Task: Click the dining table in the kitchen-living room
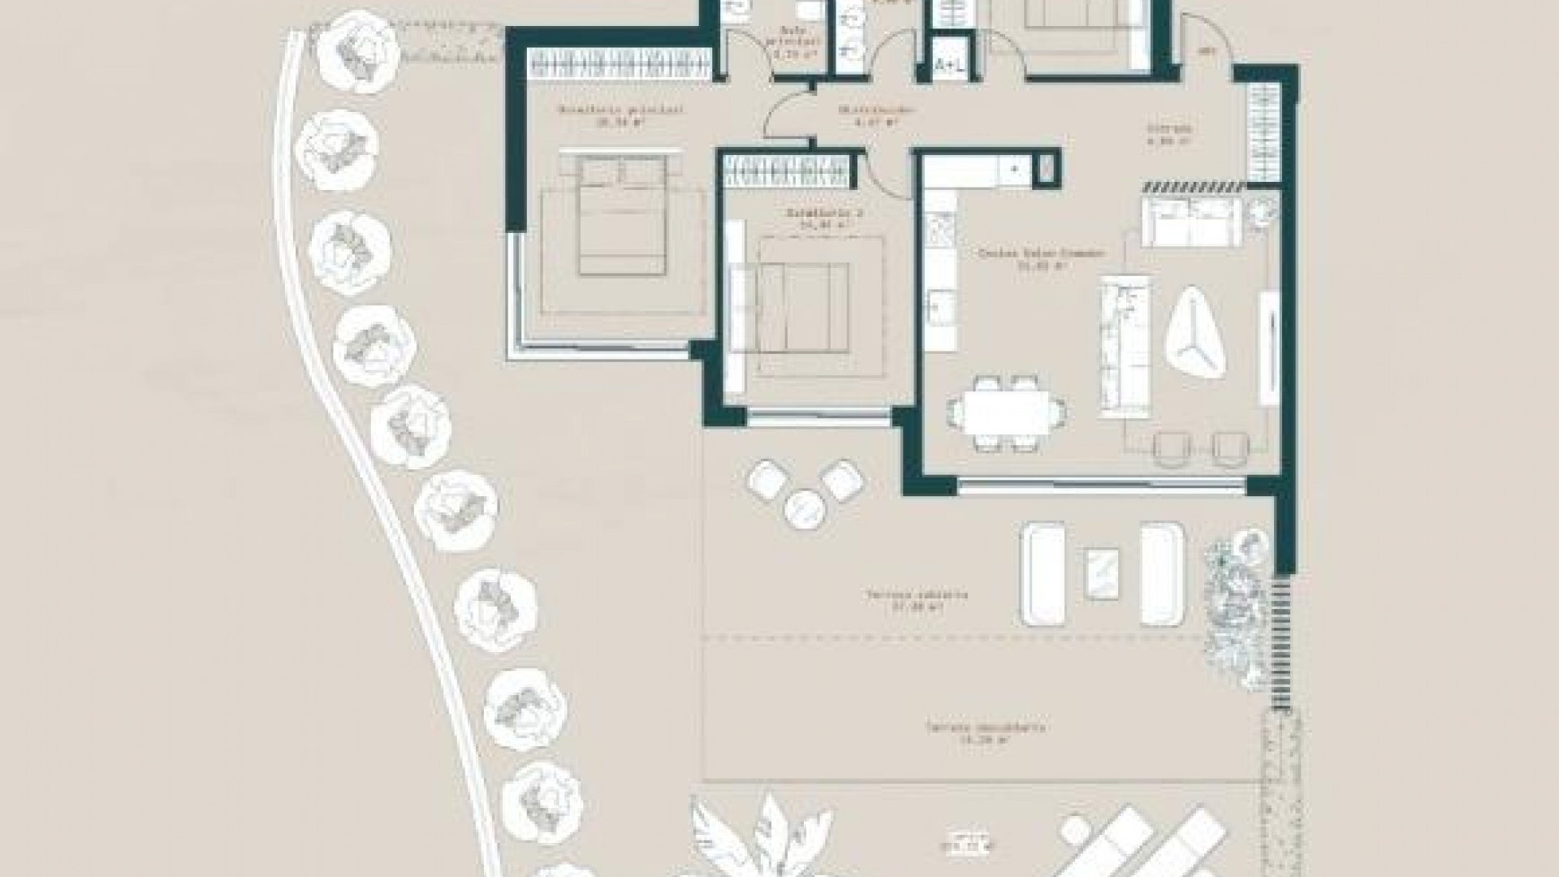click(1008, 413)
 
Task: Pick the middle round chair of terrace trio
click(805, 509)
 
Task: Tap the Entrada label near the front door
click(1168, 134)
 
